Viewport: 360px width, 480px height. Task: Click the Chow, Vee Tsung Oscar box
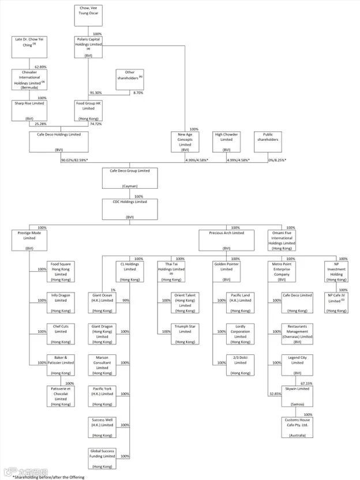88,15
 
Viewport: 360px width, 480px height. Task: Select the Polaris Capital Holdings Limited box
88,47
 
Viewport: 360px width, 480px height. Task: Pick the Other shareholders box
129,80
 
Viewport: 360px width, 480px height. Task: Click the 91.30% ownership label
96,93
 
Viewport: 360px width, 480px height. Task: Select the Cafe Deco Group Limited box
129,178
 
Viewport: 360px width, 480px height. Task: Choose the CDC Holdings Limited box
129,209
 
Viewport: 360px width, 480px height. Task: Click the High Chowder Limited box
227,142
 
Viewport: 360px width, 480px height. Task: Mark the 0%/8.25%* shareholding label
276,159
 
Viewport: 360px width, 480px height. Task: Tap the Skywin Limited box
298,396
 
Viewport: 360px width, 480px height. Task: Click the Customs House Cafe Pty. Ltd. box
298,427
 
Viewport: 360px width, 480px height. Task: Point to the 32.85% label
275,394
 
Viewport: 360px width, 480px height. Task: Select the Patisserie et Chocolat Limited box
61,396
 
